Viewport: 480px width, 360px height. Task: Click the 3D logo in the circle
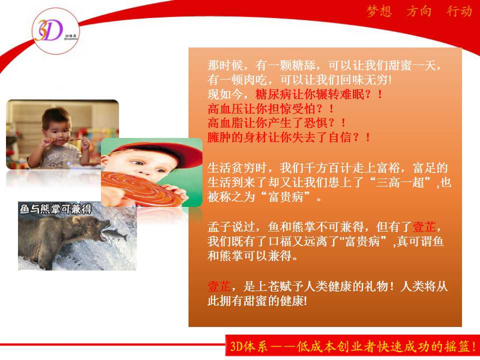(x=55, y=31)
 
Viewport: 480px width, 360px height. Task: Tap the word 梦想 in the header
(x=379, y=11)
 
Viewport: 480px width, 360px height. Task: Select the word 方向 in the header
(x=419, y=11)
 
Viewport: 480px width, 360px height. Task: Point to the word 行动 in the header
(x=459, y=11)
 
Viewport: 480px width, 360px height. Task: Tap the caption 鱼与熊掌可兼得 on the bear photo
(x=55, y=209)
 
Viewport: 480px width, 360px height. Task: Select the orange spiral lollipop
(x=138, y=188)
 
